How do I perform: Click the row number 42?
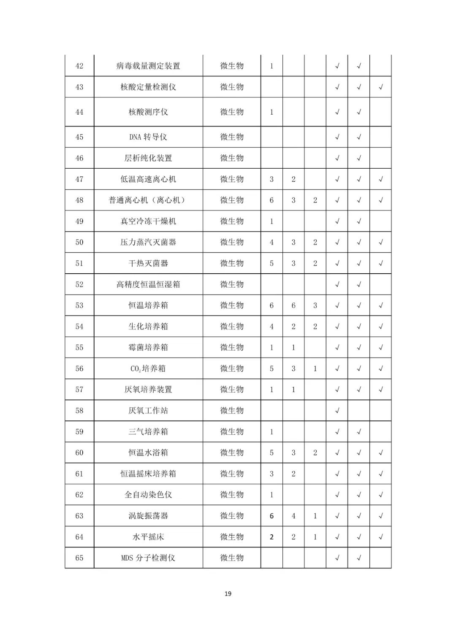point(79,66)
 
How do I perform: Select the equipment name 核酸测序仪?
point(148,112)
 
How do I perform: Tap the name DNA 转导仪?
point(148,137)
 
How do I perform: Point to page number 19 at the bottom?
point(228,594)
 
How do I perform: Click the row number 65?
point(79,558)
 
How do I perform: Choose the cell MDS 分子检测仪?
point(148,558)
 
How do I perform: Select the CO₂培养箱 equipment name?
point(148,369)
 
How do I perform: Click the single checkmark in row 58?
point(337,411)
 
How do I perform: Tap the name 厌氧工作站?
point(148,411)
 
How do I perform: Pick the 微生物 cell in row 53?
point(232,305)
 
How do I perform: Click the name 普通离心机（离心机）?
point(148,200)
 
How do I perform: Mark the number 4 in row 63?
point(293,516)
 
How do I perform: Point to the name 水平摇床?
point(148,537)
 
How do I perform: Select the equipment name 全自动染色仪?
point(148,495)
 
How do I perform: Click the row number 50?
point(79,243)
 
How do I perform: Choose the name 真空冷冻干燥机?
point(148,221)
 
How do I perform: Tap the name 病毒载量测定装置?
point(148,66)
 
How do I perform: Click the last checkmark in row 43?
point(380,87)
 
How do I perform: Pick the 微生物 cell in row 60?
point(232,453)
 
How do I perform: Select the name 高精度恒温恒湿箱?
point(148,284)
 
